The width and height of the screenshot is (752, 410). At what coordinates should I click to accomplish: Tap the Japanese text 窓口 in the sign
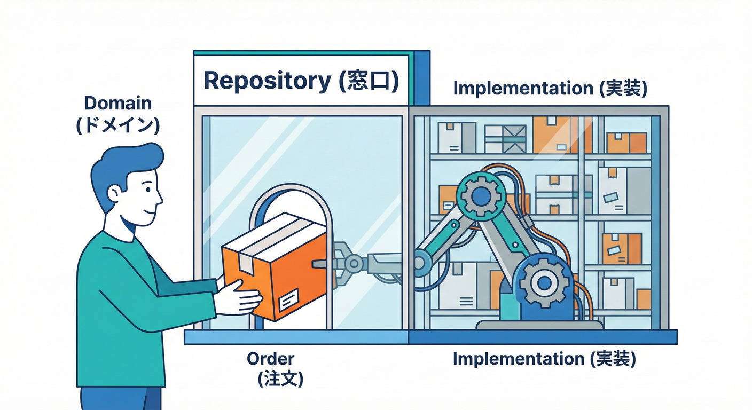coord(369,81)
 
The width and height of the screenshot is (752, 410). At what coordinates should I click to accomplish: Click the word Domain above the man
coord(117,102)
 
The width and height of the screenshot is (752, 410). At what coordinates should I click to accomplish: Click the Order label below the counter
coord(270,359)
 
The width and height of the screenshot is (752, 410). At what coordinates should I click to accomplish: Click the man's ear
coord(115,193)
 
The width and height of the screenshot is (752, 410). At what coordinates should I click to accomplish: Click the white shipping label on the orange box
coord(289,299)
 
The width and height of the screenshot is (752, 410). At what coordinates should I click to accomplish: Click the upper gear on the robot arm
coord(480,195)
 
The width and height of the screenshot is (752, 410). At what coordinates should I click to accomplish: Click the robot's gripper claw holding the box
coord(342,262)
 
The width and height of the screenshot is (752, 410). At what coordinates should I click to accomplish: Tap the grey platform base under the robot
coord(539,325)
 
